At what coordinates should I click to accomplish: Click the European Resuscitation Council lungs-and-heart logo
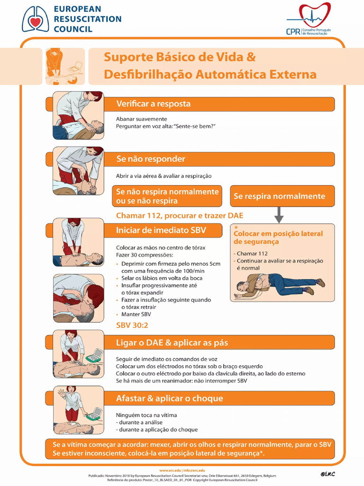[35, 19]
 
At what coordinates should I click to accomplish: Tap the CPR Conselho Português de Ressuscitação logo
[309, 19]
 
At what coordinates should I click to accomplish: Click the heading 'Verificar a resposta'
[153, 104]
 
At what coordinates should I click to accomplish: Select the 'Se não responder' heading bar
[219, 159]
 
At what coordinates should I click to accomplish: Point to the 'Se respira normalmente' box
[282, 196]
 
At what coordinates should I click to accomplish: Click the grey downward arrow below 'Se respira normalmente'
[279, 215]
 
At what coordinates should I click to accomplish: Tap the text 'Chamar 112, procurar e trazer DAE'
[180, 216]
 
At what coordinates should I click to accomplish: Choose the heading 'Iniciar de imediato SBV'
[161, 230]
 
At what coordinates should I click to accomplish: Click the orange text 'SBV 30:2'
[132, 325]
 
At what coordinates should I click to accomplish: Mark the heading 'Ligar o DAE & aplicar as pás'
[172, 343]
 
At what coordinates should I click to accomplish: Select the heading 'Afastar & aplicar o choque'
[169, 398]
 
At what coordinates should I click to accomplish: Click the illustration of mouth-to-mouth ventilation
[78, 298]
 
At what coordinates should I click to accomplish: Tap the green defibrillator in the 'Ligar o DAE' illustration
[94, 355]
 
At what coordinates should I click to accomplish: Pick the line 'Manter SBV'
[136, 314]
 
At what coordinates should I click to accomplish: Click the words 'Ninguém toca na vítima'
[146, 415]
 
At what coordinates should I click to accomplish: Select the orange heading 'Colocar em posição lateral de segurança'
[278, 237]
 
